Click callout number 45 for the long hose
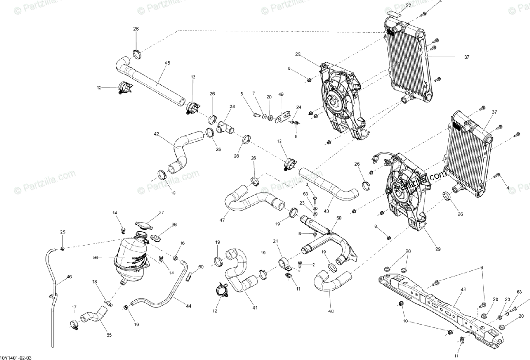point(167,63)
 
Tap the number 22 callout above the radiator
point(408,5)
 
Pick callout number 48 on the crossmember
point(463,290)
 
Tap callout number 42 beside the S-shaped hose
point(156,133)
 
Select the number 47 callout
point(221,220)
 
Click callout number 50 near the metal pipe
point(339,218)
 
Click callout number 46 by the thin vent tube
point(69,277)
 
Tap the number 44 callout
point(189,306)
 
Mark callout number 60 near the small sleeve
point(201,267)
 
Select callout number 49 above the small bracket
point(281,94)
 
